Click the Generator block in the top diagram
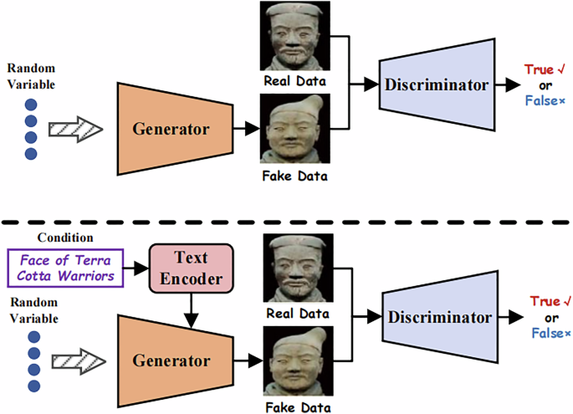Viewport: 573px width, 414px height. coord(171,129)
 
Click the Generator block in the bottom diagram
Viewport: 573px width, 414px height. coord(171,360)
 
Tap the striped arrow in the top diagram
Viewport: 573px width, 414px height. coord(75,130)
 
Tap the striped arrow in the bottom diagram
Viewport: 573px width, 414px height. coord(75,361)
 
